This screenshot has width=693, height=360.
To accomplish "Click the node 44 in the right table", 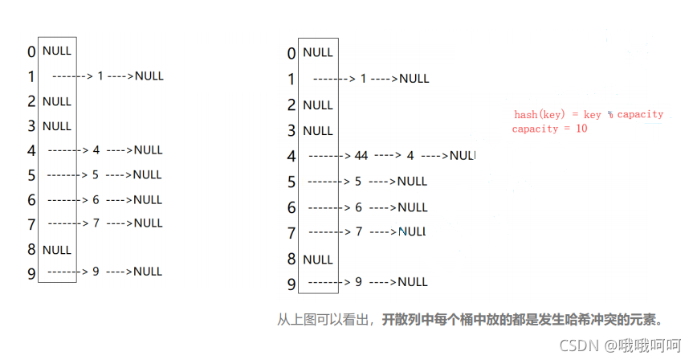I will tap(361, 156).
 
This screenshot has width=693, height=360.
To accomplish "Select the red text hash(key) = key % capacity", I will tap(589, 115).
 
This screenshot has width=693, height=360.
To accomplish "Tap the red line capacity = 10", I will tap(550, 129).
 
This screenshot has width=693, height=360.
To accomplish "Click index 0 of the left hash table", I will tap(31, 52).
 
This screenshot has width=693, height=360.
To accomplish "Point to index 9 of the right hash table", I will tap(291, 284).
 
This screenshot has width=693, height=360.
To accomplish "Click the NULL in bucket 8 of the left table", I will tap(57, 249).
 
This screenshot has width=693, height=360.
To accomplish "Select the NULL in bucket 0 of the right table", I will tap(318, 53).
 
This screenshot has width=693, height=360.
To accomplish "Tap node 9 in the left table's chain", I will tap(96, 272).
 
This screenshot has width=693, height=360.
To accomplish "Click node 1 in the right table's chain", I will tap(363, 79).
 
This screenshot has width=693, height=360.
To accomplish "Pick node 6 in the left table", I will tap(96, 199).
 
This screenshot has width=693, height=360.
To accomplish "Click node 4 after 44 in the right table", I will tap(410, 156).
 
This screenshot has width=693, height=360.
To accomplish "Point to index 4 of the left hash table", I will tap(31, 151).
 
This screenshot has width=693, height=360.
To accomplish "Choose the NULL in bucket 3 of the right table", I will tap(318, 130).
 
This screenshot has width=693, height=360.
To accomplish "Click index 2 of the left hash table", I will tap(31, 102).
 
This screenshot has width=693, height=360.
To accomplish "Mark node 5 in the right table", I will tap(358, 182).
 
